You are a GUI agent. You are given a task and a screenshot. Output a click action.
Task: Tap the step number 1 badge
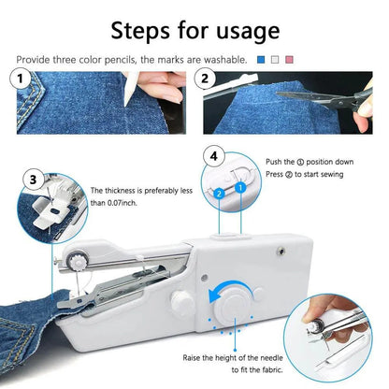click(x=21, y=79)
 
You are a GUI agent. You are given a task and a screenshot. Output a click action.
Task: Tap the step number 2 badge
click(x=207, y=79)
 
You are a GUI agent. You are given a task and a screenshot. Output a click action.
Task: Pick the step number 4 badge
click(x=215, y=155)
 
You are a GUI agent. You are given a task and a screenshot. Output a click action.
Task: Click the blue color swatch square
click(x=260, y=59)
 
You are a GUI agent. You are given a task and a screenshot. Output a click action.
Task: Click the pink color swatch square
click(x=290, y=59)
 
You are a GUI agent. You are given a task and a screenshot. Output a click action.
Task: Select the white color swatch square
click(x=275, y=59)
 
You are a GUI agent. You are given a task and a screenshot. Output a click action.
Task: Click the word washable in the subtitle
click(x=223, y=59)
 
